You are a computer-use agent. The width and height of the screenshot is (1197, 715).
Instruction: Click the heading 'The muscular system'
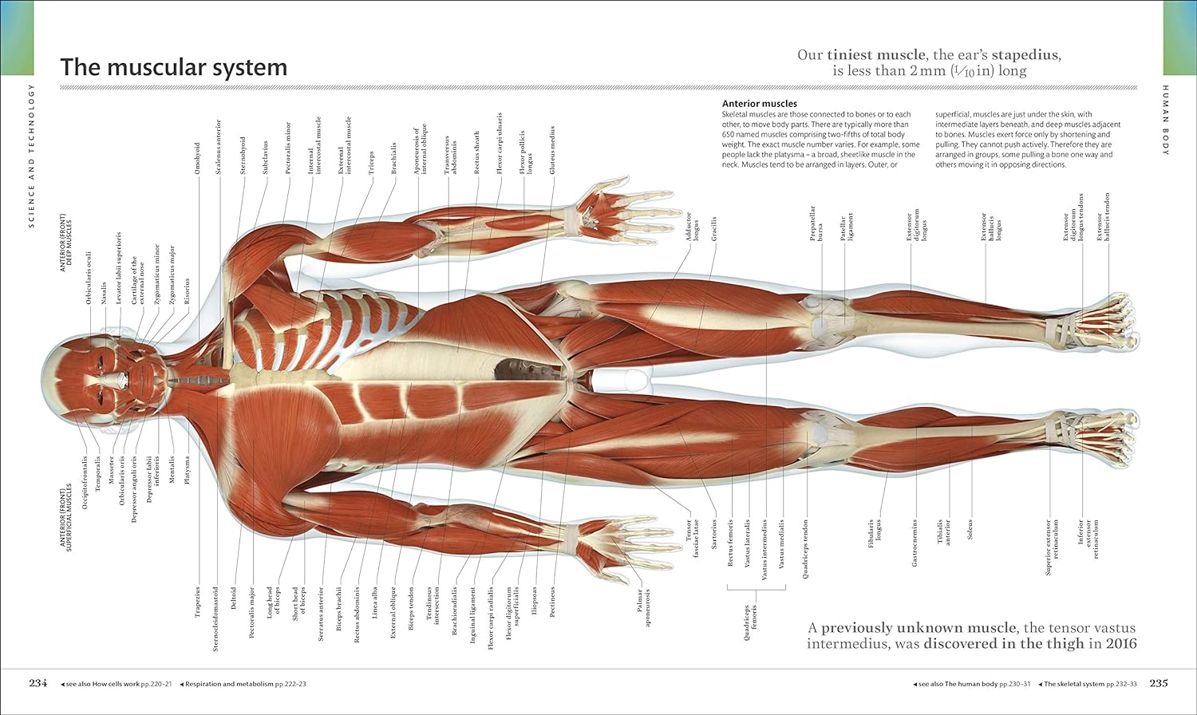(x=173, y=67)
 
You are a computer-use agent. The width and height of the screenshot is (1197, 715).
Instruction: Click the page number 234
(x=38, y=683)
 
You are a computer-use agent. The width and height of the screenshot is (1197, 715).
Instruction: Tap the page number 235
(x=1159, y=683)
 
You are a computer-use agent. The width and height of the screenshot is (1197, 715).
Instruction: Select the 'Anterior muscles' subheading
(x=759, y=104)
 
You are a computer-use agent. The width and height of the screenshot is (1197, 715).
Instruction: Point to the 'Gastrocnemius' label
(x=915, y=543)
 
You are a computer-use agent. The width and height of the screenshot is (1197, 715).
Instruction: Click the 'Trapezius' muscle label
(x=198, y=602)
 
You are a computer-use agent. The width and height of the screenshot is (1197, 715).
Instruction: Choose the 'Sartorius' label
(x=714, y=534)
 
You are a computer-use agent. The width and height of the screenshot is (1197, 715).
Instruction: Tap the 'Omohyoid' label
(x=197, y=158)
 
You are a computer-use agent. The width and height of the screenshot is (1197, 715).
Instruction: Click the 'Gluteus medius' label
(x=552, y=150)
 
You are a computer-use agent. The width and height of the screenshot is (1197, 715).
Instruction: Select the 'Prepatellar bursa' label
(x=816, y=223)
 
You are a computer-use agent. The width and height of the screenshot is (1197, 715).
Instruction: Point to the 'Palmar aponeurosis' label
(x=642, y=608)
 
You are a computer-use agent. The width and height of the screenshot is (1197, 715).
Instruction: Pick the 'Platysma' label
(x=188, y=470)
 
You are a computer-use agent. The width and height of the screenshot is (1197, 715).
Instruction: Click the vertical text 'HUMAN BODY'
(x=1165, y=120)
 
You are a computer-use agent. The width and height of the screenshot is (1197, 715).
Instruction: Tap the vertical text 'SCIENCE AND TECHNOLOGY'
(x=32, y=156)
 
